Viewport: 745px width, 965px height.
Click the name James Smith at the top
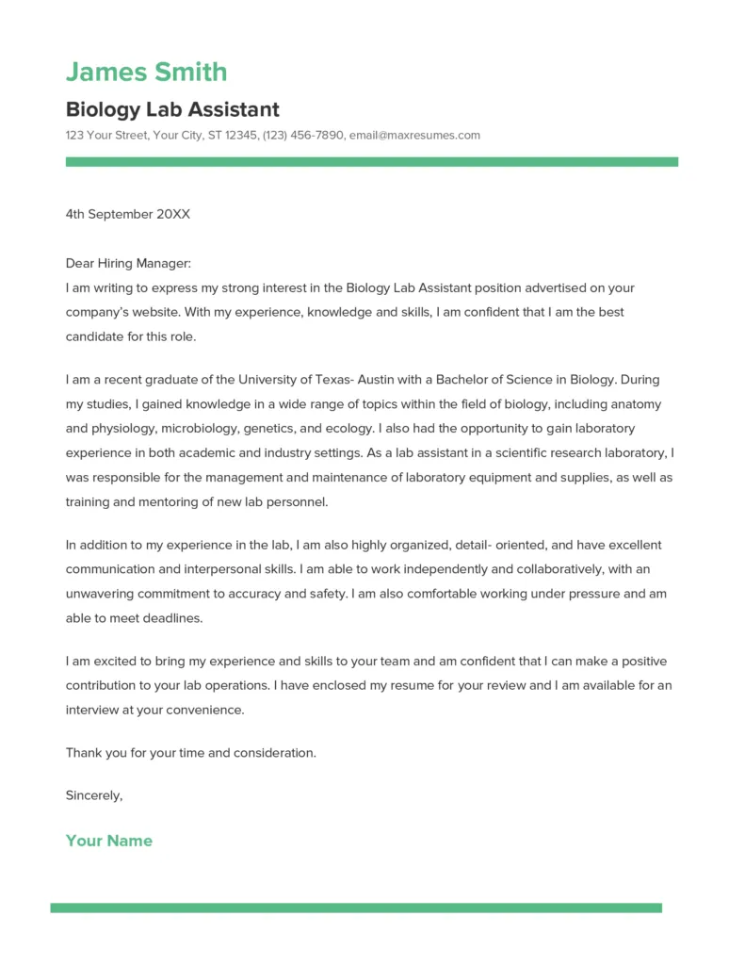coord(146,72)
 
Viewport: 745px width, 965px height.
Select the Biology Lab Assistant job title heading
coord(172,109)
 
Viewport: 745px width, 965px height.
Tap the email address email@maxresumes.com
coord(414,135)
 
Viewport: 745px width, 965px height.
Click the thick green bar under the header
coord(371,162)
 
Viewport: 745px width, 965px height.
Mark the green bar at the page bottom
coord(356,908)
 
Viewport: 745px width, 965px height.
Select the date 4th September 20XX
coord(127,214)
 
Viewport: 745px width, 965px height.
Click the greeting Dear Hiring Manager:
coord(128,264)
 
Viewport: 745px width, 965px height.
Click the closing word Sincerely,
coord(94,795)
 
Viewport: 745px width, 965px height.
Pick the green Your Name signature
coord(108,841)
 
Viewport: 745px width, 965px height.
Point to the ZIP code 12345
coord(241,135)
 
